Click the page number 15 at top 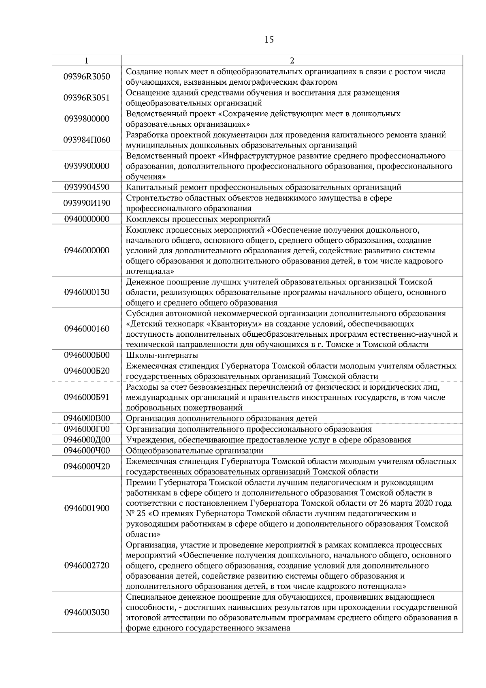(269, 39)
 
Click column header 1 (87, 61)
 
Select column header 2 (292, 61)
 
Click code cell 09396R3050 (87, 77)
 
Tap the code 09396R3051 (87, 98)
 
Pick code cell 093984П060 (87, 140)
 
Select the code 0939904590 (87, 187)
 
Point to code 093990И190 (87, 203)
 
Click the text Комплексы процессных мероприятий (198, 219)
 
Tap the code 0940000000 (87, 219)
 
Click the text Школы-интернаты (162, 355)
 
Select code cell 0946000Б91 (87, 397)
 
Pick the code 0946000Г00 (87, 429)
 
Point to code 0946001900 (87, 508)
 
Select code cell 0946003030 (87, 612)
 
